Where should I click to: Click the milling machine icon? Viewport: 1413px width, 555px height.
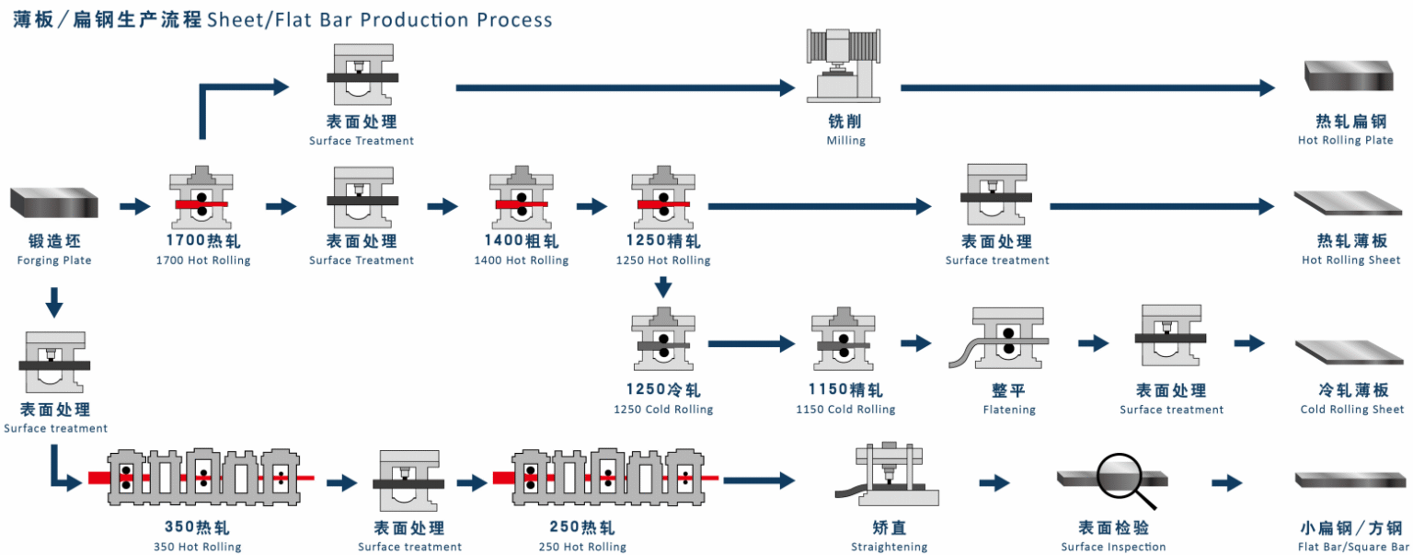[x=845, y=64]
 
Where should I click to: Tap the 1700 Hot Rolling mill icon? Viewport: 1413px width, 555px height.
[x=201, y=198]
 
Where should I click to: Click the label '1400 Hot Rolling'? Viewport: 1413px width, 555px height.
[x=521, y=260]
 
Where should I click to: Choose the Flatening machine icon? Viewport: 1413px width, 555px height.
[x=1008, y=341]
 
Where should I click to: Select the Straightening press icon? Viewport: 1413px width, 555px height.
[x=888, y=474]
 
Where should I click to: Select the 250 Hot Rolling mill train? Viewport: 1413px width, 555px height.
[x=604, y=478]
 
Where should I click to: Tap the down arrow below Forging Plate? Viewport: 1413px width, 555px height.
[x=53, y=300]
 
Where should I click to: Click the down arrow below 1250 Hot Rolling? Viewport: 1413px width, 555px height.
[x=663, y=287]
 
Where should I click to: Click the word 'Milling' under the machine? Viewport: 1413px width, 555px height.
[x=845, y=141]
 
